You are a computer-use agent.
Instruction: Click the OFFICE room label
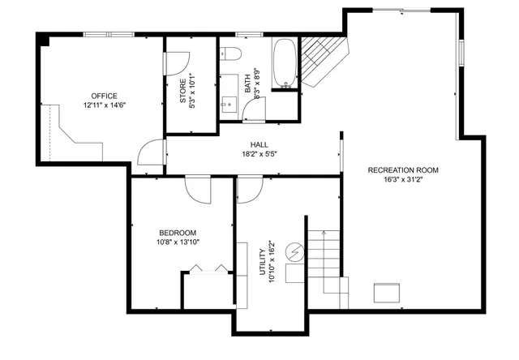coord(104,95)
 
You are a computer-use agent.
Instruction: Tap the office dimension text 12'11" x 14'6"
coord(104,105)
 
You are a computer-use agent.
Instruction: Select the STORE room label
coord(183,90)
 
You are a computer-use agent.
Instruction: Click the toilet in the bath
coord(230,54)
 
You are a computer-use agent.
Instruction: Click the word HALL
coord(259,144)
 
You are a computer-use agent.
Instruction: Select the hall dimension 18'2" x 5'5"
coord(259,154)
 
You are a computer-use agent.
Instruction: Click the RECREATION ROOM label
coord(403,170)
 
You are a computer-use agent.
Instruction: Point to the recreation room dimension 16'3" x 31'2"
coord(403,180)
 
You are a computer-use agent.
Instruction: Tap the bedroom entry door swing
coord(198,188)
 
